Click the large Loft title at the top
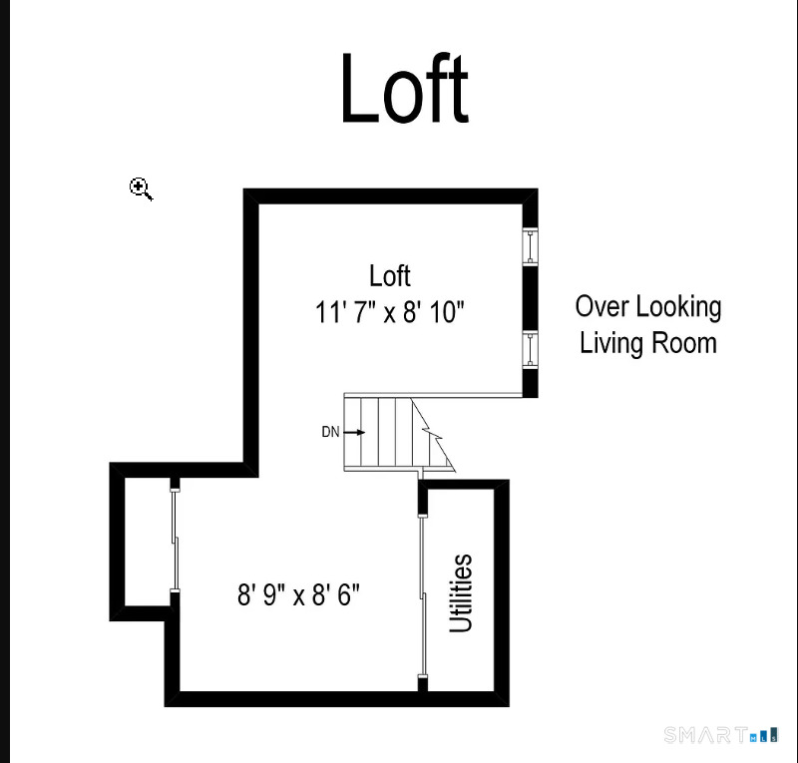click(x=405, y=88)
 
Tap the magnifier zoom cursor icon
click(x=141, y=189)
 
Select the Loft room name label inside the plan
click(x=390, y=276)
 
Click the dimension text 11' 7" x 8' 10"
click(x=390, y=312)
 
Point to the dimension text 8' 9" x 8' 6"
click(x=298, y=594)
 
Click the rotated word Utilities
click(x=461, y=593)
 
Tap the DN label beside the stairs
click(x=330, y=432)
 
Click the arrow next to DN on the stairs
click(x=354, y=432)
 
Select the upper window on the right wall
click(x=531, y=247)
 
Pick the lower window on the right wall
click(x=531, y=350)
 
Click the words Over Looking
click(x=648, y=307)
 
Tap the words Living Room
click(x=648, y=342)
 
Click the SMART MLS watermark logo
click(x=721, y=735)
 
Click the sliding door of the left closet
click(x=175, y=540)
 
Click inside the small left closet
click(x=147, y=542)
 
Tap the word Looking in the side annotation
click(x=678, y=308)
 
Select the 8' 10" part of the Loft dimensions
click(x=434, y=312)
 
